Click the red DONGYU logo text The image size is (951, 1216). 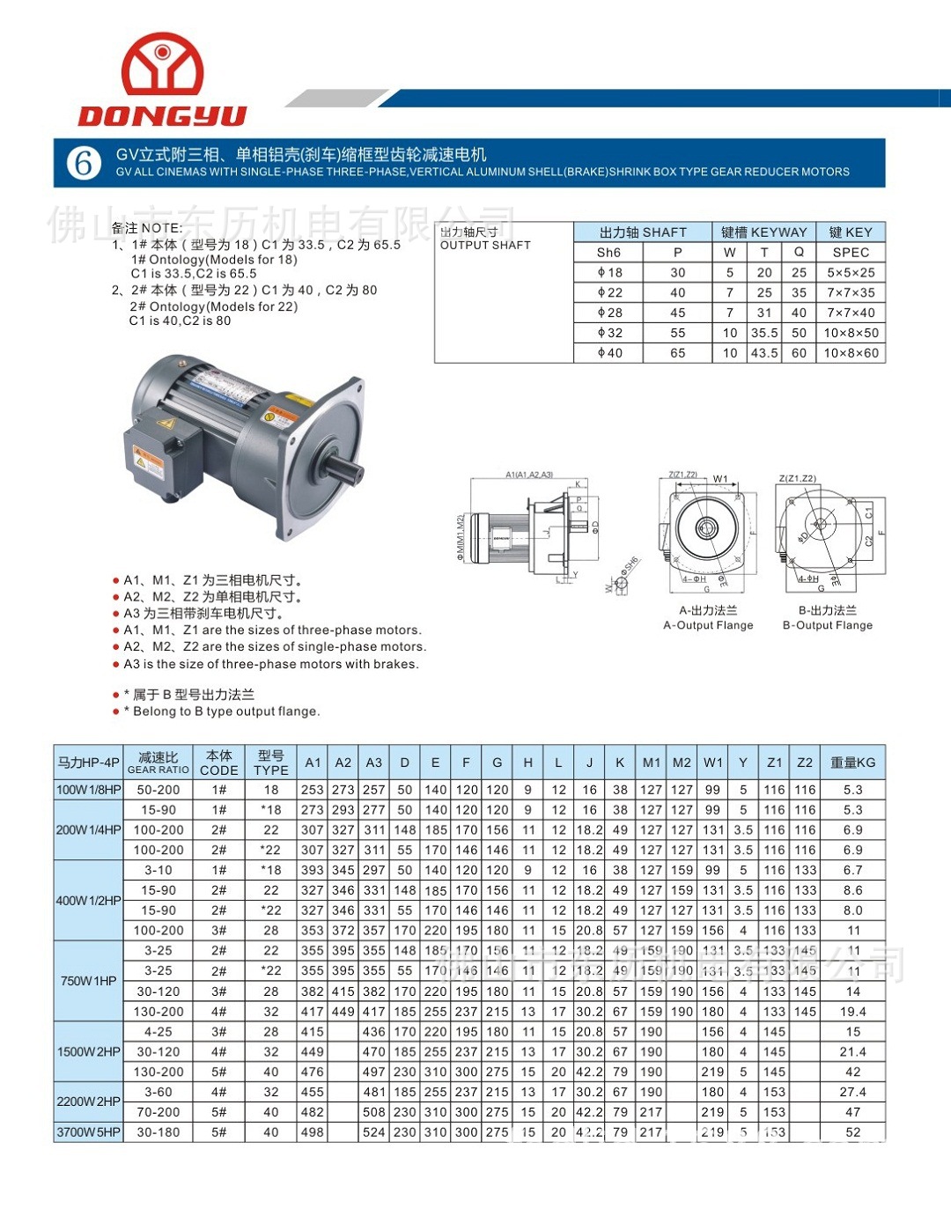pyautogui.click(x=162, y=115)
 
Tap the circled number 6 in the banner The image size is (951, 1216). pyautogui.click(x=84, y=163)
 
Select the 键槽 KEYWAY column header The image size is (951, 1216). pyautogui.click(x=763, y=232)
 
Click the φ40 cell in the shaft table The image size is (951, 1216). pyautogui.click(x=609, y=353)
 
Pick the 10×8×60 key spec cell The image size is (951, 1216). pyautogui.click(x=851, y=353)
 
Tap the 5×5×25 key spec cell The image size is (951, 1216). pyautogui.click(x=851, y=273)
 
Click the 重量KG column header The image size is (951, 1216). pyautogui.click(x=852, y=763)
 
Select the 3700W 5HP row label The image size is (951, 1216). pyautogui.click(x=88, y=1132)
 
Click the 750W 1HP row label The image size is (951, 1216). pyautogui.click(x=88, y=981)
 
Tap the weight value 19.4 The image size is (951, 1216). pyautogui.click(x=852, y=1012)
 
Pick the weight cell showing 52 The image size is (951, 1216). pyautogui.click(x=852, y=1132)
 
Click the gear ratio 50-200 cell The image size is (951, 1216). pyautogui.click(x=158, y=790)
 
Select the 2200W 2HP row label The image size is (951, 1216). pyautogui.click(x=88, y=1102)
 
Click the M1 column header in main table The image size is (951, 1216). pyautogui.click(x=652, y=763)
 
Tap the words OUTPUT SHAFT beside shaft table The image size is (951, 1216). pyautogui.click(x=485, y=246)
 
